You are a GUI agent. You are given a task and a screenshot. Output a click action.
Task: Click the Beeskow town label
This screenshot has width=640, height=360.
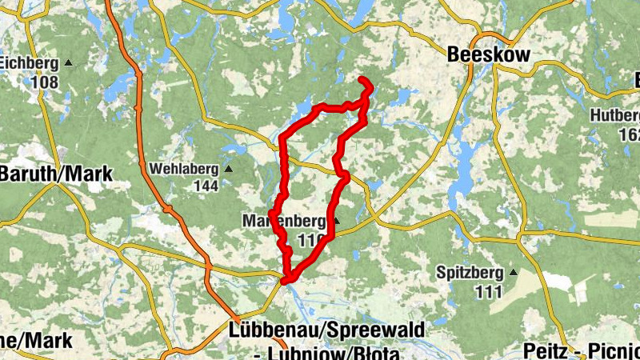[488, 55]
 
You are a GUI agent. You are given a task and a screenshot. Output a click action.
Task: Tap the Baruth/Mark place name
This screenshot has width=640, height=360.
[56, 174]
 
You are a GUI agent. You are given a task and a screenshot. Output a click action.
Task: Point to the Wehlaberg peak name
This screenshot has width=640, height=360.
[185, 169]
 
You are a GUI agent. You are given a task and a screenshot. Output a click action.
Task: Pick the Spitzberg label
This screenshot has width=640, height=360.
[471, 273]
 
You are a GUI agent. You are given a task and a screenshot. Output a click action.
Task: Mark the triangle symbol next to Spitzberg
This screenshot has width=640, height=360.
[513, 273]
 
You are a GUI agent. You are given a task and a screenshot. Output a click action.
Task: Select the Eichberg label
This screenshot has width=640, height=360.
[30, 62]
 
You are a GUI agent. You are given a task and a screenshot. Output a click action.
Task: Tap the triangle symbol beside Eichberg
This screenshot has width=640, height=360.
[68, 62]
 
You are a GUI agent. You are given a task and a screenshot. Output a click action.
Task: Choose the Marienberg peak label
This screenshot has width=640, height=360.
[284, 221]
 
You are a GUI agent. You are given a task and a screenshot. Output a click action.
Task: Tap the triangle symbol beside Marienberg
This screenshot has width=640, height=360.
[337, 221]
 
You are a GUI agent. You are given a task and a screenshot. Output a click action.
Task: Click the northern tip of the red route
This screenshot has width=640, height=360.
[363, 80]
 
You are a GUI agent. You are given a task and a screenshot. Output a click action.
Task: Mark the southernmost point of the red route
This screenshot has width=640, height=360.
[286, 280]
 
